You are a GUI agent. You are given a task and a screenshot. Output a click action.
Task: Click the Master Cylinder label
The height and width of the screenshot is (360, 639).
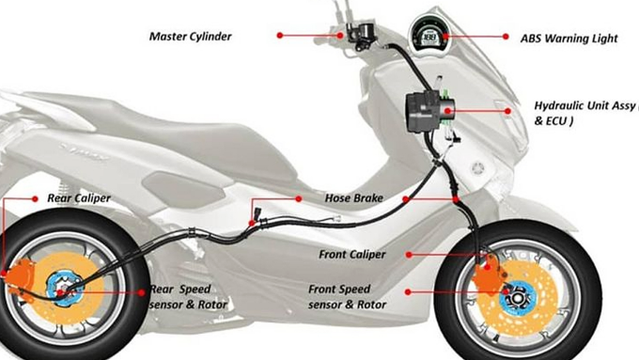pos(191,37)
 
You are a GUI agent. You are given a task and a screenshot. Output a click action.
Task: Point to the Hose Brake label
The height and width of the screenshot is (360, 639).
pos(351,198)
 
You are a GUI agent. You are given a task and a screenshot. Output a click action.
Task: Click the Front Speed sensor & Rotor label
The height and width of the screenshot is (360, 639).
pos(347,296)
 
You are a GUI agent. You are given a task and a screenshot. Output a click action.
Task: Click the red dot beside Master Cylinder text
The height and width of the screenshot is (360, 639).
pos(279,36)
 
